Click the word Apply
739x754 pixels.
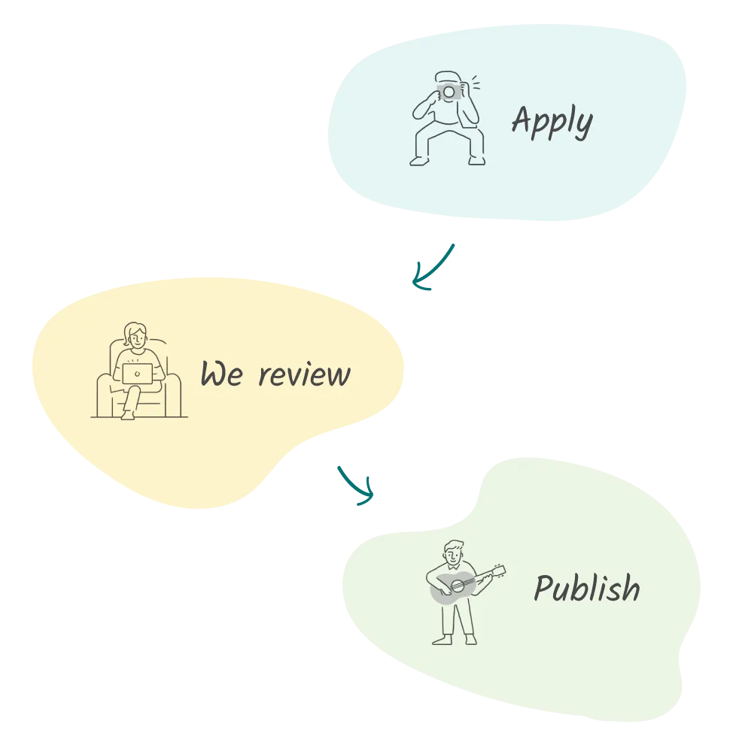[552, 122]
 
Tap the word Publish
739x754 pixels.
[586, 588]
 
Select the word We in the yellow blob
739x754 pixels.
[221, 374]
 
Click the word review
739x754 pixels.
[304, 374]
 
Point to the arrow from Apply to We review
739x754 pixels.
[434, 266]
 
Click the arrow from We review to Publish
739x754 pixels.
[357, 485]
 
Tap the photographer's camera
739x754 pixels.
[449, 91]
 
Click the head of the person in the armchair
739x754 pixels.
[135, 335]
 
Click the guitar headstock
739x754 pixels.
[497, 570]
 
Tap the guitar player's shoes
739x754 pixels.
[455, 640]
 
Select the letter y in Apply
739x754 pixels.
[582, 126]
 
